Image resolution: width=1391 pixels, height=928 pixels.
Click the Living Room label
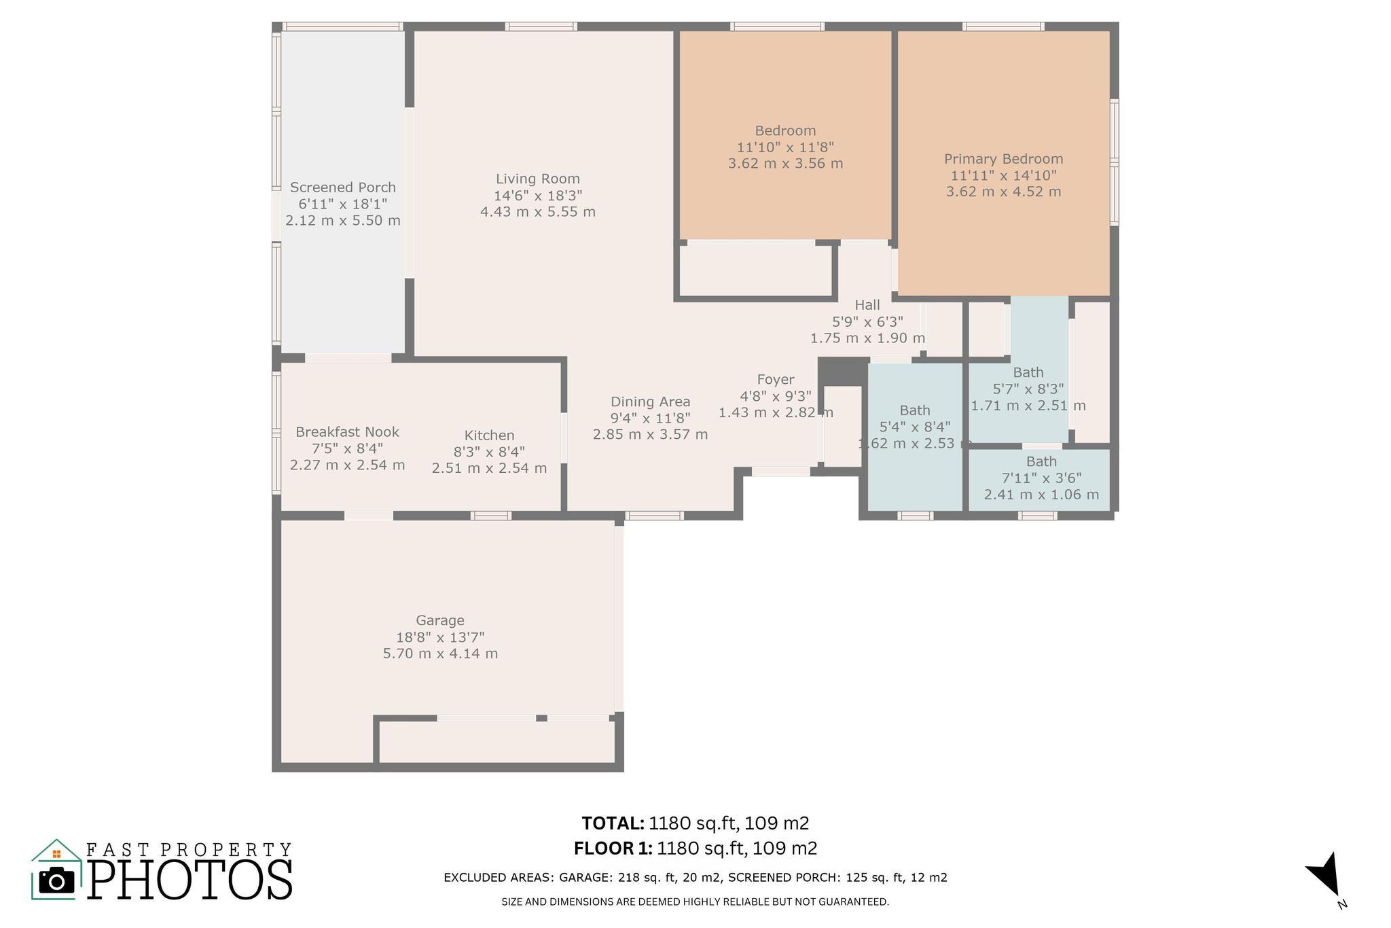pyautogui.click(x=537, y=179)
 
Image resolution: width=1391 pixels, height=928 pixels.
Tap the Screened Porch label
pyautogui.click(x=342, y=187)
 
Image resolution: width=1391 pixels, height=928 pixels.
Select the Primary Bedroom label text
pyautogui.click(x=1003, y=159)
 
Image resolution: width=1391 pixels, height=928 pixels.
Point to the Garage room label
pyautogui.click(x=440, y=620)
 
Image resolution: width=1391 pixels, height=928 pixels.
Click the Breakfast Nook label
pyautogui.click(x=347, y=432)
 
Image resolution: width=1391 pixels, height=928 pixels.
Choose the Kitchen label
pyautogui.click(x=489, y=435)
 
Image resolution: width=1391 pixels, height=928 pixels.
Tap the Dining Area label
pyautogui.click(x=650, y=401)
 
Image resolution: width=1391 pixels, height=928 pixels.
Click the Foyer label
pyautogui.click(x=776, y=380)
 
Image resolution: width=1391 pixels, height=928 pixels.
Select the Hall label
pyautogui.click(x=867, y=305)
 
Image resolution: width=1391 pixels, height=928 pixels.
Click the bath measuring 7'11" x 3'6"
pyautogui.click(x=1041, y=478)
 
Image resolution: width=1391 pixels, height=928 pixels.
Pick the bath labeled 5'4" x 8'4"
pyautogui.click(x=915, y=427)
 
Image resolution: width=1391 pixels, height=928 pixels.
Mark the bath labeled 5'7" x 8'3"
pyautogui.click(x=1028, y=389)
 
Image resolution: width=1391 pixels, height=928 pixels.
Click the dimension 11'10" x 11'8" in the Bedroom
pyautogui.click(x=785, y=147)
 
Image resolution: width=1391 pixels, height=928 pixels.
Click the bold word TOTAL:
pyautogui.click(x=613, y=823)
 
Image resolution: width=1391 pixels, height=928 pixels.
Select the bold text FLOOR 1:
pyautogui.click(x=613, y=849)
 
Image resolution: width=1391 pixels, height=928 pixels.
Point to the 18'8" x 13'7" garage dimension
pyautogui.click(x=440, y=637)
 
